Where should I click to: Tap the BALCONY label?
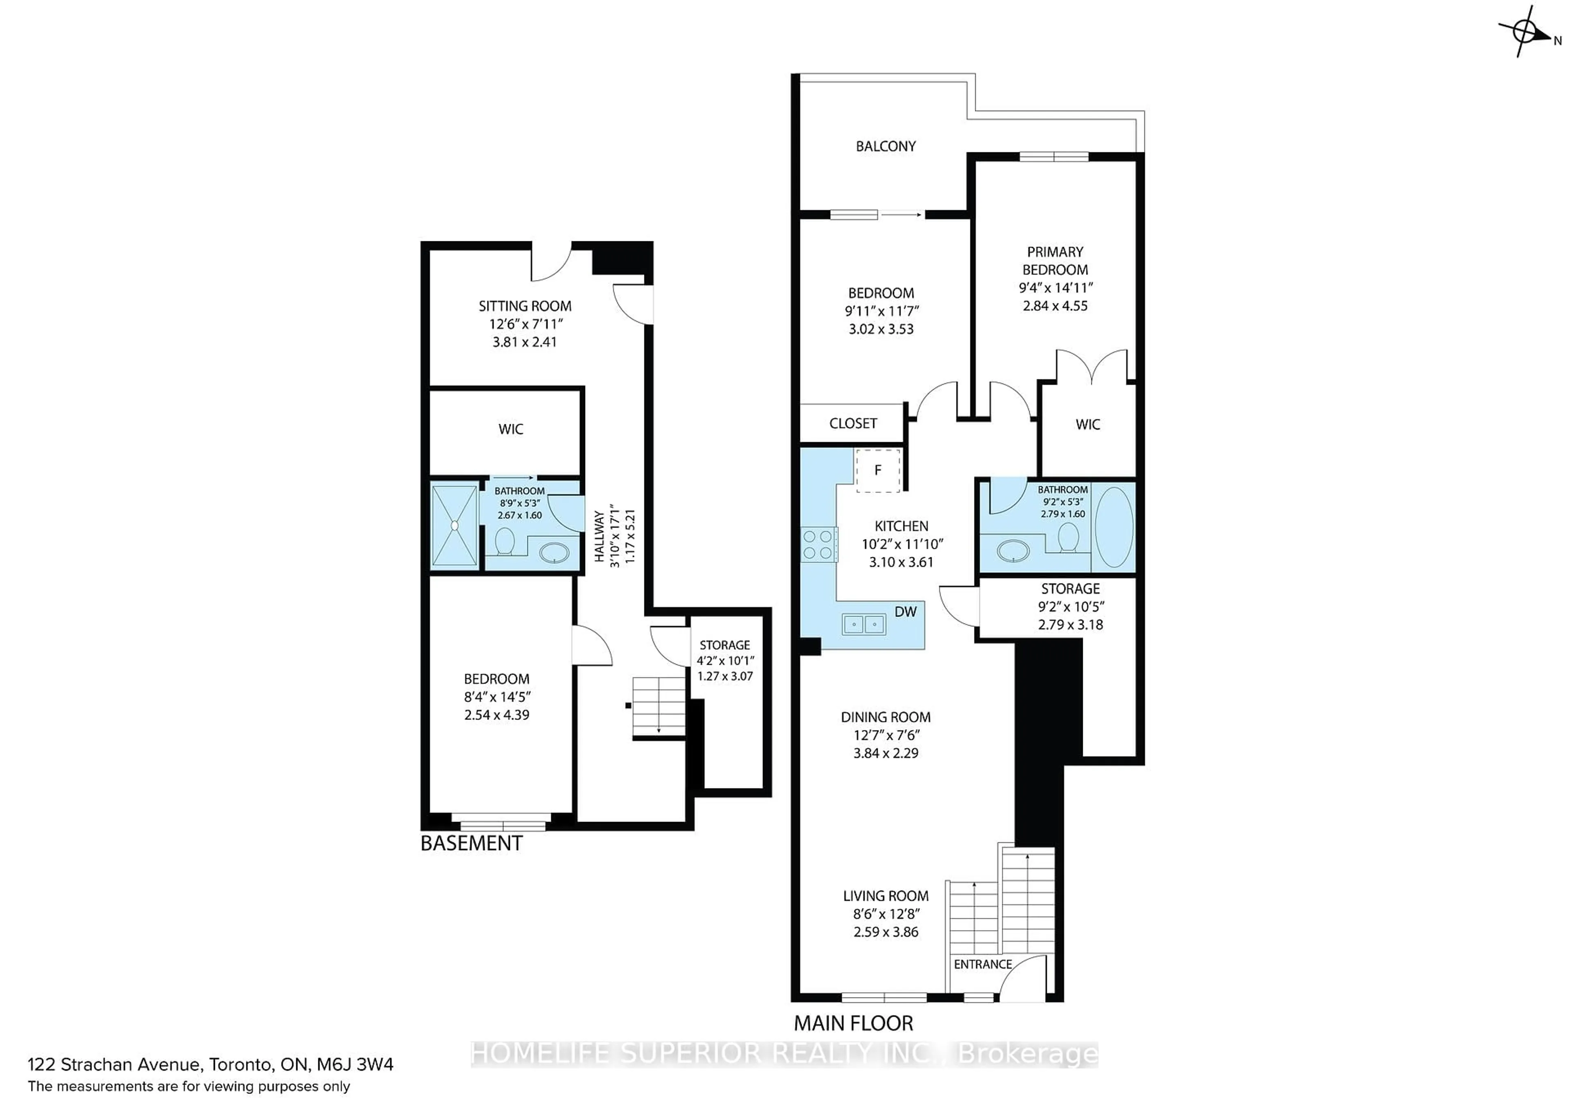(886, 146)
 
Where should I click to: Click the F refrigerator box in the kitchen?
(878, 470)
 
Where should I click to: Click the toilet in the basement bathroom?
(505, 541)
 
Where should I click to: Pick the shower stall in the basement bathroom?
(454, 525)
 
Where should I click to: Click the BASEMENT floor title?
(472, 843)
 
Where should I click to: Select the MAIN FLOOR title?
(854, 1023)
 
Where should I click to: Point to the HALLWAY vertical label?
(599, 537)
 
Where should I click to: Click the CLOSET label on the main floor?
(853, 423)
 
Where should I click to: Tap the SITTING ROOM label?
(525, 306)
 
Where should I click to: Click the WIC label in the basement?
(510, 429)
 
